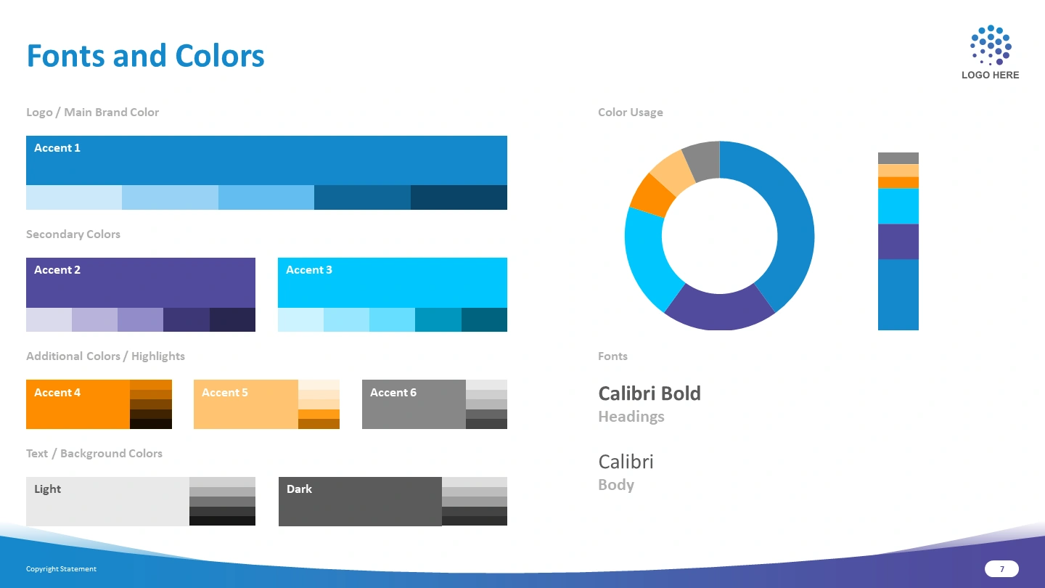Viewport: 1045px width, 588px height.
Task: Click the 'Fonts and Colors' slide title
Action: point(146,56)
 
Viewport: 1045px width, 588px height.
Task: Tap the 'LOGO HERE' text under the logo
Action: point(990,75)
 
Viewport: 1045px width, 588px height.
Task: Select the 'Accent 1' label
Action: point(57,148)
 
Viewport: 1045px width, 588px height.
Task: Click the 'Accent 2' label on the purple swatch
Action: point(57,270)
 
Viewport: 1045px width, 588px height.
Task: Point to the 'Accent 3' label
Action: point(309,270)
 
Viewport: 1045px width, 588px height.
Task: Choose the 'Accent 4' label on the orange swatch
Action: point(57,393)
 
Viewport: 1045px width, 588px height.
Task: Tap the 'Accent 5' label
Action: point(224,393)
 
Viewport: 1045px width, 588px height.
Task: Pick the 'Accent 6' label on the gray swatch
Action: point(393,393)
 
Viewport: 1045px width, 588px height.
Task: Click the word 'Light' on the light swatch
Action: point(48,489)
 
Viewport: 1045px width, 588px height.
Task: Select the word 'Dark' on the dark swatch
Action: point(299,489)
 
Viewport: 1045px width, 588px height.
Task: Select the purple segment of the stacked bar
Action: point(898,242)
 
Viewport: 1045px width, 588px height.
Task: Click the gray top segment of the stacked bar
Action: point(898,158)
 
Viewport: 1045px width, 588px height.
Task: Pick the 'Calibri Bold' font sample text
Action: point(649,393)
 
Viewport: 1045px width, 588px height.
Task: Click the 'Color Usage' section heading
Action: point(630,113)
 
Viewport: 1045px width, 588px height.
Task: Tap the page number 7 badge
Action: point(1001,569)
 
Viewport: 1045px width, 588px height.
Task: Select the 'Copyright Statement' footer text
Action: point(61,569)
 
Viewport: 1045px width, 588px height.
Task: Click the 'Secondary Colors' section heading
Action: point(73,234)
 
